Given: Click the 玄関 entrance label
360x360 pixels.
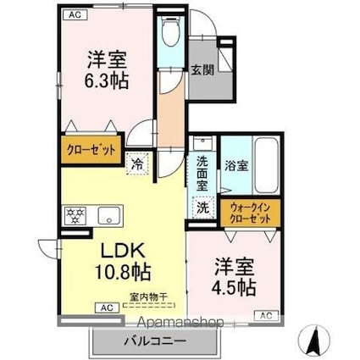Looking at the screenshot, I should coord(202,70).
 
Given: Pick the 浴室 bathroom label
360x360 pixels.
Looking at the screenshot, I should coord(235,166).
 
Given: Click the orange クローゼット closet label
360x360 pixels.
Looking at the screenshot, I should coord(90,150).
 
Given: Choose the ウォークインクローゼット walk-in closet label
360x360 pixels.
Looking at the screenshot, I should coord(251,213).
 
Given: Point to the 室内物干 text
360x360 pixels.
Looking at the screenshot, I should coord(148,297).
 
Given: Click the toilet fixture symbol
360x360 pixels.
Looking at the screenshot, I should coord(169,34).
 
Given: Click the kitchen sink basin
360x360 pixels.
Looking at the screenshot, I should coord(108,214).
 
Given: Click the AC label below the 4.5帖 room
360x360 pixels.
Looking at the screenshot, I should coord(264,316).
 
